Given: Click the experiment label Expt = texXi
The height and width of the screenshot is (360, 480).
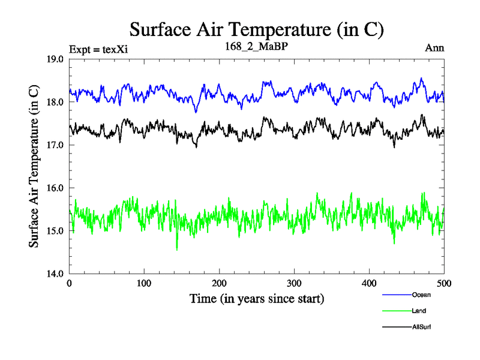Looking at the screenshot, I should (x=98, y=49).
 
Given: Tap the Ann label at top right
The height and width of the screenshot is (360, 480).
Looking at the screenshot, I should (x=434, y=48).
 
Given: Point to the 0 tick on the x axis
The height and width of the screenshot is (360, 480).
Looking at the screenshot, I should (x=70, y=283).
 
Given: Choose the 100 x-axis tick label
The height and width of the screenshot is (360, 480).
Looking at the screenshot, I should (x=145, y=283).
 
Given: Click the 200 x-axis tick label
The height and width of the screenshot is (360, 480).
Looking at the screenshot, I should (x=220, y=283).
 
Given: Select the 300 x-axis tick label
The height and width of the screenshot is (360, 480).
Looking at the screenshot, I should (x=295, y=283).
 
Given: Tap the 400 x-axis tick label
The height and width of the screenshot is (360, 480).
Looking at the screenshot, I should (x=370, y=283).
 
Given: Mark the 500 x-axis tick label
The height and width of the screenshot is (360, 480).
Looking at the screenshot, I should (x=444, y=283).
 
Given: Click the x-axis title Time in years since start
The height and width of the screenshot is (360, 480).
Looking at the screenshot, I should (x=257, y=298).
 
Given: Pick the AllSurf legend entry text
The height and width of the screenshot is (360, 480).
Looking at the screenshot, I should (x=422, y=327).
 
